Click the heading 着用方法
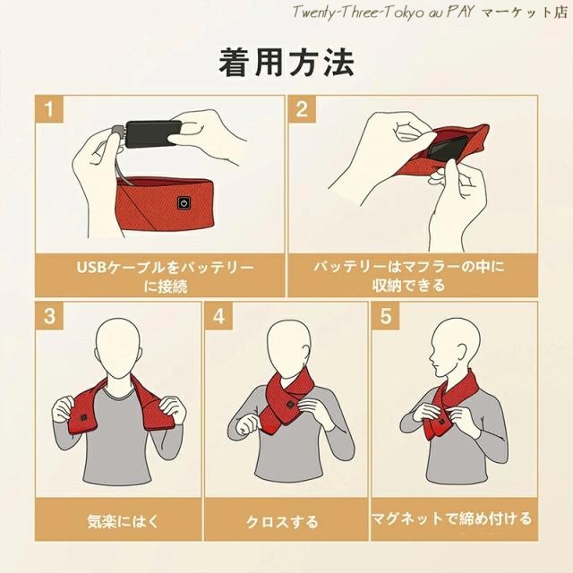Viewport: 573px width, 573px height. pos(286,63)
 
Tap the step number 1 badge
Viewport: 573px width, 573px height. pos(49,109)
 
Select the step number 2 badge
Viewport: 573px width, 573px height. pos(302,109)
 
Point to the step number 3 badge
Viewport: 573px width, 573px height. pos(49,316)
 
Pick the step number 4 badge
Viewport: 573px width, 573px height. pos(218,316)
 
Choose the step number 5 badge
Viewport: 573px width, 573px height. pos(386,316)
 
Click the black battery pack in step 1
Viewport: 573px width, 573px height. pos(153,133)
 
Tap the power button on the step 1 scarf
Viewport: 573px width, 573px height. pos(184,203)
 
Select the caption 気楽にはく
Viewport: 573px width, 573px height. pos(124,521)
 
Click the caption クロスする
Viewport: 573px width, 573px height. pos(283,521)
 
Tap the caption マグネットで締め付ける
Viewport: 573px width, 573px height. pos(451,519)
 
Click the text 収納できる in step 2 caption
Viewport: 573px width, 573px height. pos(409,285)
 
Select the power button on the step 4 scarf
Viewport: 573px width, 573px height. pos(290,405)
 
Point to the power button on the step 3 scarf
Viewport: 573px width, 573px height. pos(83,417)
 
